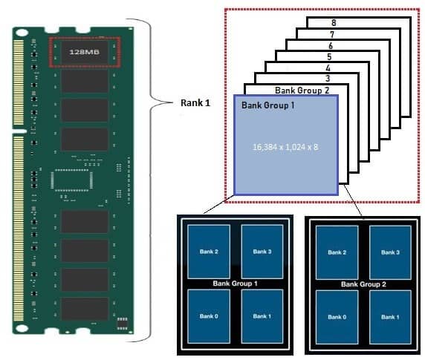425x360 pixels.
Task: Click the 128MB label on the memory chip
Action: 84,52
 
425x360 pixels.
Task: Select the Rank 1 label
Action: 195,103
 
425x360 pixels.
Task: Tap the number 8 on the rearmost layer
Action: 334,22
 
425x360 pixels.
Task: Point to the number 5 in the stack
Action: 329,57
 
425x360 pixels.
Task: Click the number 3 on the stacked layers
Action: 328,79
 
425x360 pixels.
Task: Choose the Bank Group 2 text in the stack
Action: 302,90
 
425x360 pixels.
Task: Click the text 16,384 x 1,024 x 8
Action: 285,147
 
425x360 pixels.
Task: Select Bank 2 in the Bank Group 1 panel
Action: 209,252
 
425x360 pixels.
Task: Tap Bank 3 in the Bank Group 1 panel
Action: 262,252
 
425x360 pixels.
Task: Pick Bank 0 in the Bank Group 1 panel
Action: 209,316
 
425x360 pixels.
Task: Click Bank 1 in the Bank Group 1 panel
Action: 262,316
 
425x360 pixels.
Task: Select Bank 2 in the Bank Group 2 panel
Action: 337,252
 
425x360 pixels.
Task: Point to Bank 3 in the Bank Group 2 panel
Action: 390,252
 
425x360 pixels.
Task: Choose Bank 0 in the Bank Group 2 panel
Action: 337,317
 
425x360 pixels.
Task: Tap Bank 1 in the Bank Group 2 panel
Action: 390,317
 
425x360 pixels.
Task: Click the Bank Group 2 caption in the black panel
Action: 363,284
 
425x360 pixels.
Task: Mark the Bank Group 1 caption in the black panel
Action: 235,284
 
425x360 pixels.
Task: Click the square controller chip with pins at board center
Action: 71,180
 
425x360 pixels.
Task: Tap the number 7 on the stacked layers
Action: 332,34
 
